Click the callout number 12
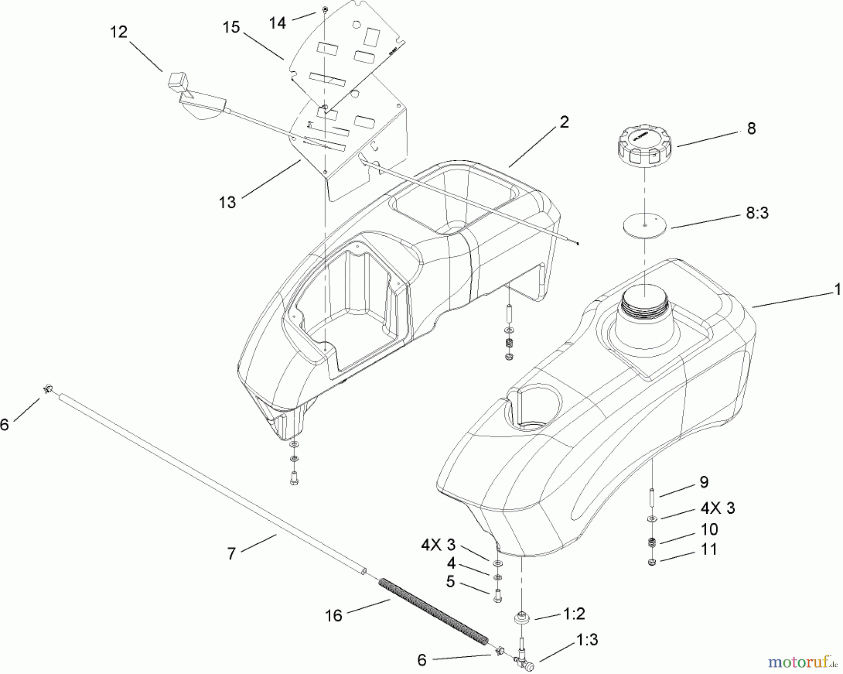[x=118, y=32]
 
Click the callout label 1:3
[x=587, y=640]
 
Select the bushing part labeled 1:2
[x=521, y=619]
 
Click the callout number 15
[x=231, y=27]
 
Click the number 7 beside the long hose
[x=231, y=554]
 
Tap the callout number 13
[x=227, y=202]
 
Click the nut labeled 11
[x=651, y=562]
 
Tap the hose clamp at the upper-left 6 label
[x=49, y=389]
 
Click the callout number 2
[x=564, y=122]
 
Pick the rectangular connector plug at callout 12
[x=177, y=82]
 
